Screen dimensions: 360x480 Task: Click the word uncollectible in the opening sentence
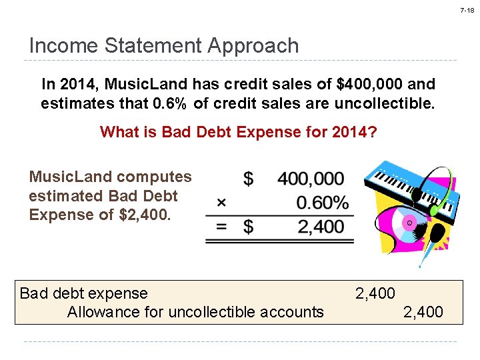coord(382,104)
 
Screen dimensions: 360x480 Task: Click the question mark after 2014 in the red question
coord(372,132)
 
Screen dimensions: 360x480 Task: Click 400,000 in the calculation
coord(311,179)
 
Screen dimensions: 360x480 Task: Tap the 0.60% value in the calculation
coord(322,202)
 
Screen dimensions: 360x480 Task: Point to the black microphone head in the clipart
coord(438,233)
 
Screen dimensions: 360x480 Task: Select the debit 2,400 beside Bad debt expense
coord(375,293)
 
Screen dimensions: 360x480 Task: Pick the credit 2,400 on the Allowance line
coord(423,312)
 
